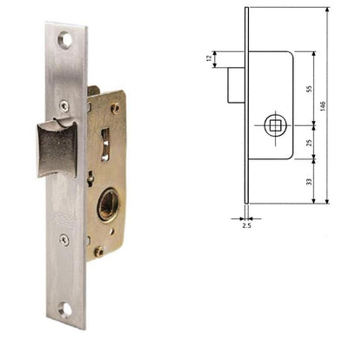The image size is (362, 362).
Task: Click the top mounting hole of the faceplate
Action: pyautogui.click(x=65, y=38)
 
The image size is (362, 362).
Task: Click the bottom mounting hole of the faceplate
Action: pyautogui.click(x=66, y=308)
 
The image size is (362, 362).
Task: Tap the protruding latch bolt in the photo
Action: pyautogui.click(x=56, y=148)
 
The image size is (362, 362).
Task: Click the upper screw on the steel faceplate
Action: pyautogui.click(x=64, y=105)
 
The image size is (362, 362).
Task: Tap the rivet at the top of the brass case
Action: pyautogui.click(x=115, y=109)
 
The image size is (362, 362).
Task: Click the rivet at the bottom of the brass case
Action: pyautogui.click(x=98, y=251)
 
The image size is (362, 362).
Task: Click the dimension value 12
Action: pyautogui.click(x=210, y=60)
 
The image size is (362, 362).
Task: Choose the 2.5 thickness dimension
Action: pyautogui.click(x=246, y=225)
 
